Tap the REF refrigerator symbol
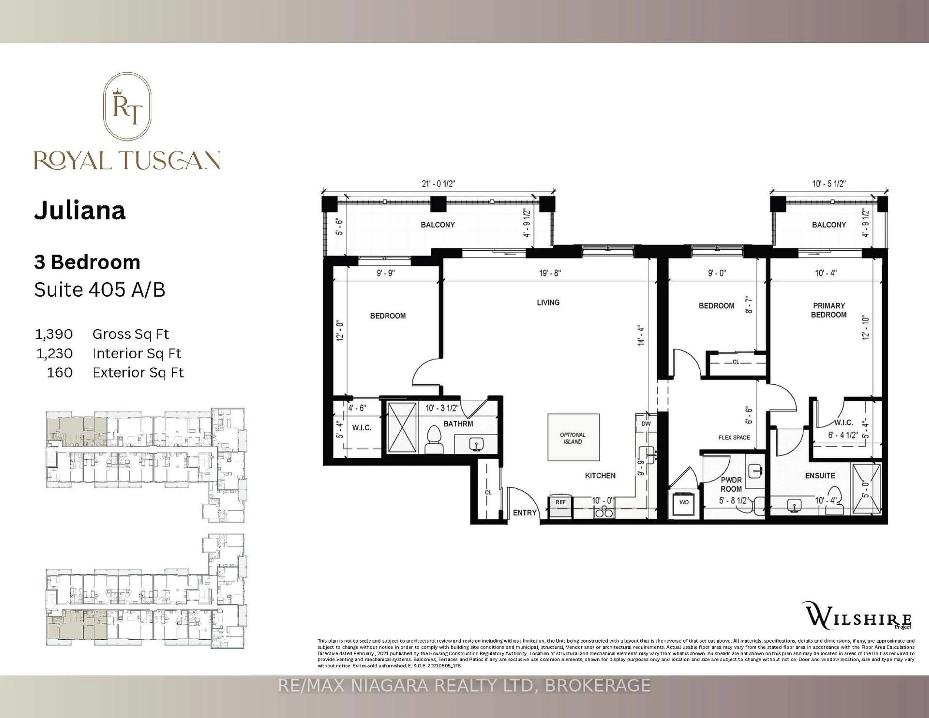(x=560, y=506)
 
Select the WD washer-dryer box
(x=683, y=502)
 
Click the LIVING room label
(x=548, y=302)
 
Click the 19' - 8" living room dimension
(x=550, y=273)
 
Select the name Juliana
(x=80, y=210)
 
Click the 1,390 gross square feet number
(x=54, y=334)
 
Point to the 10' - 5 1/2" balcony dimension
(x=829, y=184)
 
